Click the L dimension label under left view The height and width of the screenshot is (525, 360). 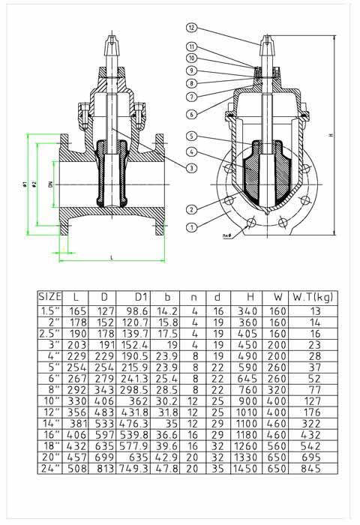pos(111,257)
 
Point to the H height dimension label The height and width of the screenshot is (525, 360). pos(331,135)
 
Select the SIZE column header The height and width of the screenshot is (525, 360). pos(50,296)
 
